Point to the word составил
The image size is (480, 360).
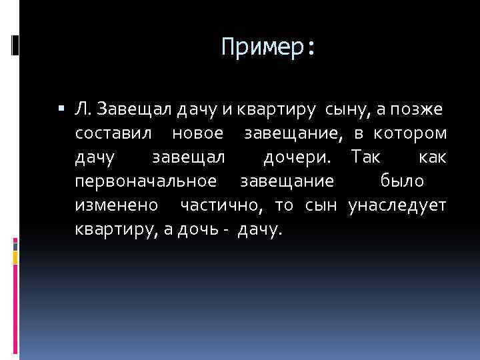pos(117,133)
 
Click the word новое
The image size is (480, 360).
pos(197,133)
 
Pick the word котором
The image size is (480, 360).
pos(410,133)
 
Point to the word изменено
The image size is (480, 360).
pos(117,205)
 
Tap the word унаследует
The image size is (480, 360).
pos(397,205)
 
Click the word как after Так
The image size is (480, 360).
pos(433,157)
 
